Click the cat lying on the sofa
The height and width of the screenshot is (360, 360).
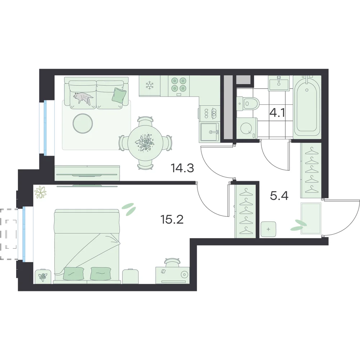point(83,98)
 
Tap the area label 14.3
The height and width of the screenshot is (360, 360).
point(182,168)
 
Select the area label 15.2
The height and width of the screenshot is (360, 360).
point(172,220)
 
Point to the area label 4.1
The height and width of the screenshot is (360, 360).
point(277,113)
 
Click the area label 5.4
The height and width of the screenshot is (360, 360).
point(279,196)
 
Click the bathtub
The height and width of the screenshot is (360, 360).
point(307,107)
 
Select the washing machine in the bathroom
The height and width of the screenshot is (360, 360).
point(247,129)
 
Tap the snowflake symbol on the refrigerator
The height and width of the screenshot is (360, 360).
point(150,85)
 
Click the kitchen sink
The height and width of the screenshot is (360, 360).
point(210,132)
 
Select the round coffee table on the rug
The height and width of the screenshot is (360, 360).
point(83,123)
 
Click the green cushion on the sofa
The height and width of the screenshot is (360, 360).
point(119,95)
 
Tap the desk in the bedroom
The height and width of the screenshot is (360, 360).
point(172,275)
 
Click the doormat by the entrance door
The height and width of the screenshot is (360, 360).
point(311,218)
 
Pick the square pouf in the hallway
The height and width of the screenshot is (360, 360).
point(269,229)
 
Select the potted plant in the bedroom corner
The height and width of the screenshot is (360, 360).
point(40,192)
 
